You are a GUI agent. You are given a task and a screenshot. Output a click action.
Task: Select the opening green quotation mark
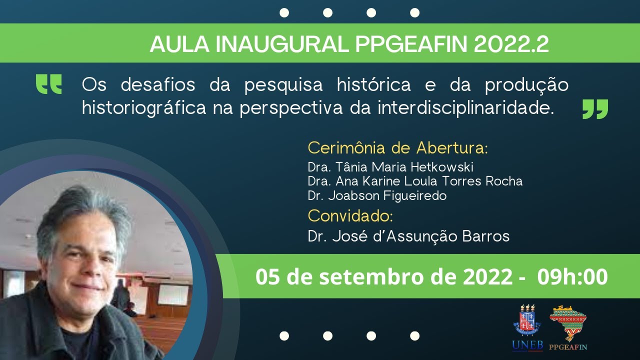tap(49, 84)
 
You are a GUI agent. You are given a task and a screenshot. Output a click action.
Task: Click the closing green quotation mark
tap(595, 109)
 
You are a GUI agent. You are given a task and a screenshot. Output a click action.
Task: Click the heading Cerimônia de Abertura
tap(397, 148)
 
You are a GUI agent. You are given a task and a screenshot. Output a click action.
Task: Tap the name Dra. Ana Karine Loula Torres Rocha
tap(415, 181)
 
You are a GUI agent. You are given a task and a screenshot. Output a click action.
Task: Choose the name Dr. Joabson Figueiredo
tap(377, 195)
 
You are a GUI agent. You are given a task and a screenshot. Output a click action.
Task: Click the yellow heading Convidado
tap(350, 216)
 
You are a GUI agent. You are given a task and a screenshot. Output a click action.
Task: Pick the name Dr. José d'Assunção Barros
tap(408, 236)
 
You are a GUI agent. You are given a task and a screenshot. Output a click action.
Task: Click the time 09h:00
tap(572, 277)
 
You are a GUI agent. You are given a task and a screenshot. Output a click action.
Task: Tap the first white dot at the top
tap(284, 13)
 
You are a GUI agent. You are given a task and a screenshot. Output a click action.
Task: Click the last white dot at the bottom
tap(414, 336)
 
